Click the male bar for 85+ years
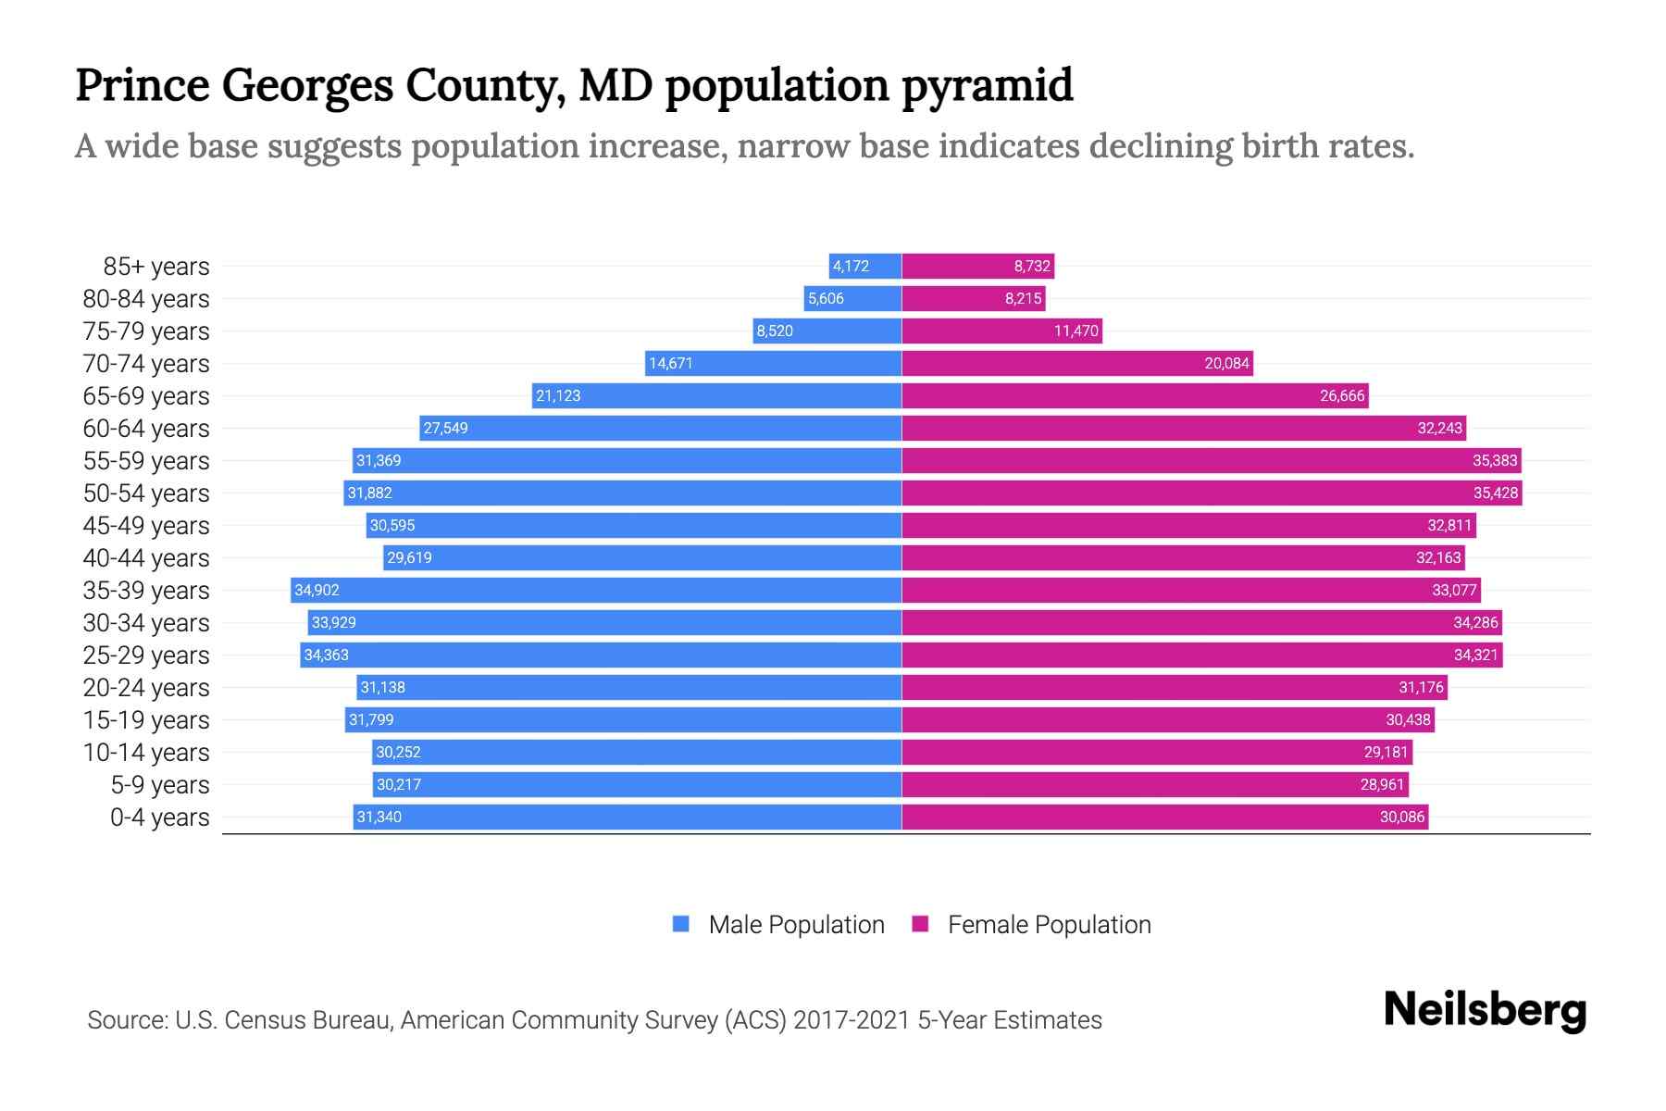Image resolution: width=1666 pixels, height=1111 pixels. (865, 267)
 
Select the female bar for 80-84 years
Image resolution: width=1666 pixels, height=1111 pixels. (974, 299)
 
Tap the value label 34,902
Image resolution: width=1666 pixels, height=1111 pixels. (317, 591)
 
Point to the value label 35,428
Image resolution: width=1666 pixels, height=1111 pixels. (1496, 493)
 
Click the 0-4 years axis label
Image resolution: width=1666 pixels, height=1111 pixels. (159, 818)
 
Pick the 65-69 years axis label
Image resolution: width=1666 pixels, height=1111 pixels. (146, 396)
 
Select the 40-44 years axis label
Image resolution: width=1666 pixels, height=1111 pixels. (146, 558)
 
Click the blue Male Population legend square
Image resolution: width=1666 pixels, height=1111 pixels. (681, 924)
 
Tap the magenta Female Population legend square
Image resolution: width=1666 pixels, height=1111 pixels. (920, 924)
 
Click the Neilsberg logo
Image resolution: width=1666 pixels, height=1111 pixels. (1485, 1010)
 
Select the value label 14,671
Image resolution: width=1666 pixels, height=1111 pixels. (671, 364)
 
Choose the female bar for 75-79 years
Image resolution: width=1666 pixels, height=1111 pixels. (1001, 331)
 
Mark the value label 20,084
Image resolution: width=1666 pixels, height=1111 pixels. (1226, 364)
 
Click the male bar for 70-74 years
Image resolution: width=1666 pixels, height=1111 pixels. (773, 364)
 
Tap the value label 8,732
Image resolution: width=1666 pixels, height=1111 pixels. (1032, 267)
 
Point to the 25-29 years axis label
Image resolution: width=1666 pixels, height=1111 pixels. (146, 655)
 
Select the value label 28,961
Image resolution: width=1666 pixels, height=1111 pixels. (1382, 785)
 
